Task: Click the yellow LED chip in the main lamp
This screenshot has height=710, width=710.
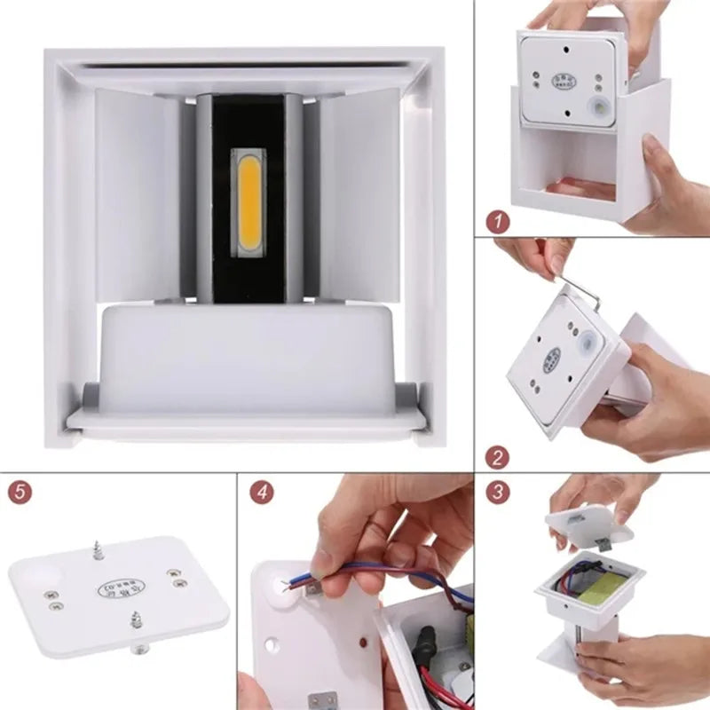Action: click(248, 202)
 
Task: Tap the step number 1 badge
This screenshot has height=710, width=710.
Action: click(499, 221)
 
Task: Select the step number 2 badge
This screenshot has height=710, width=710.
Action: click(499, 458)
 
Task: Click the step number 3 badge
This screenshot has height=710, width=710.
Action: click(498, 492)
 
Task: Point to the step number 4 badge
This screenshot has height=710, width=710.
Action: click(261, 492)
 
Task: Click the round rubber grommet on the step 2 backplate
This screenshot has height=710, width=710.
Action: click(589, 343)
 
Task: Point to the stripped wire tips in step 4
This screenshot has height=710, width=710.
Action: click(288, 582)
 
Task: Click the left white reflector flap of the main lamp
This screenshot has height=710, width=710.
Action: click(137, 194)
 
